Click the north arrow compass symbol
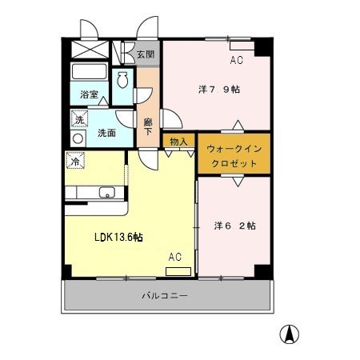click(x=290, y=334)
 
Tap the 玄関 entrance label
click(x=146, y=54)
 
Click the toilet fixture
click(x=122, y=79)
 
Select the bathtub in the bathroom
click(x=90, y=71)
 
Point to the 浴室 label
click(x=89, y=94)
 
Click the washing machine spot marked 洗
click(x=79, y=119)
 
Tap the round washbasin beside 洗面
click(x=78, y=138)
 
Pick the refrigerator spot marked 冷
click(x=75, y=161)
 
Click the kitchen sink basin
click(x=107, y=192)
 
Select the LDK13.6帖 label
click(x=118, y=237)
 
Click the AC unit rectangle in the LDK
click(x=178, y=271)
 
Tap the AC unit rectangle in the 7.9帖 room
click(x=242, y=46)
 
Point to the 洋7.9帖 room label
click(x=219, y=90)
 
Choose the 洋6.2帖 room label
click(x=235, y=226)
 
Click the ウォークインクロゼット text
click(x=234, y=156)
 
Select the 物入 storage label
click(x=178, y=142)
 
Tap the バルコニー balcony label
click(x=165, y=296)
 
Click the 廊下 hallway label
click(x=148, y=126)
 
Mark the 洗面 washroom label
click(x=106, y=133)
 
